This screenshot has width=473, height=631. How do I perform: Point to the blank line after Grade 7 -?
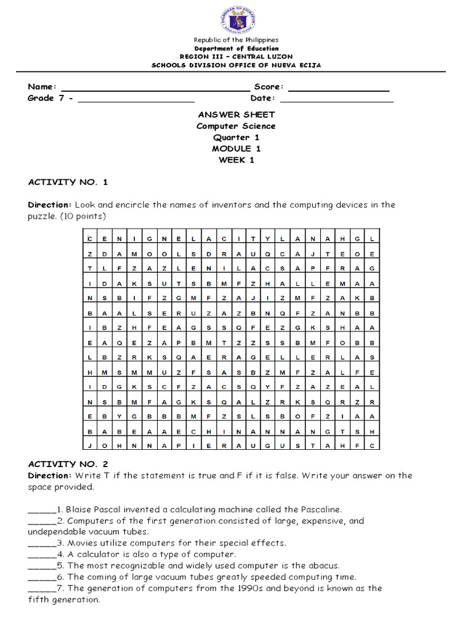click(134, 101)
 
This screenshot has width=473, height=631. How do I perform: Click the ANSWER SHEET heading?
click(236, 115)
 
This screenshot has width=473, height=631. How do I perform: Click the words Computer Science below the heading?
click(236, 126)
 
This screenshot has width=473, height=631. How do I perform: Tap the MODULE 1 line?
click(236, 149)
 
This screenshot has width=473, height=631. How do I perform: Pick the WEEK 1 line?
click(236, 160)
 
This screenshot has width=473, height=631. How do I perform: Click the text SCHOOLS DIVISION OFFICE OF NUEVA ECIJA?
click(236, 65)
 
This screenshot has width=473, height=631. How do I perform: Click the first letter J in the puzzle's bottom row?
click(90, 446)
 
